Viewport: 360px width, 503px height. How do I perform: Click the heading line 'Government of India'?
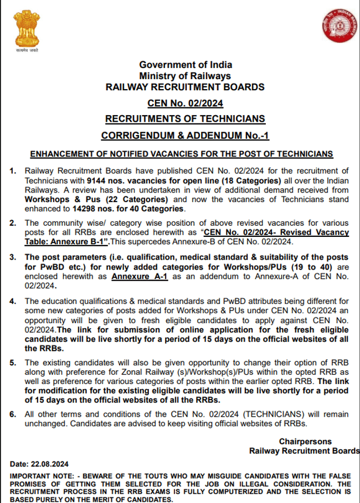click(x=185, y=65)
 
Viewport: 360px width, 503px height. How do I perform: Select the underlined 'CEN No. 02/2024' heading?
click(x=185, y=103)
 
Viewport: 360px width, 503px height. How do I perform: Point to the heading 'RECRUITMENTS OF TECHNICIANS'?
click(x=185, y=119)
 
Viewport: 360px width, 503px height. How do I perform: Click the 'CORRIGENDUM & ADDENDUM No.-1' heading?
click(x=185, y=136)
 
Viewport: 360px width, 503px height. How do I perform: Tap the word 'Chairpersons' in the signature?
click(x=305, y=442)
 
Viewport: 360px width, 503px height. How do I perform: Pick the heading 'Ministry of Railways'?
click(x=185, y=75)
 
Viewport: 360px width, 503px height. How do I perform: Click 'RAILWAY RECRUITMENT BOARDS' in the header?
click(x=185, y=86)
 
